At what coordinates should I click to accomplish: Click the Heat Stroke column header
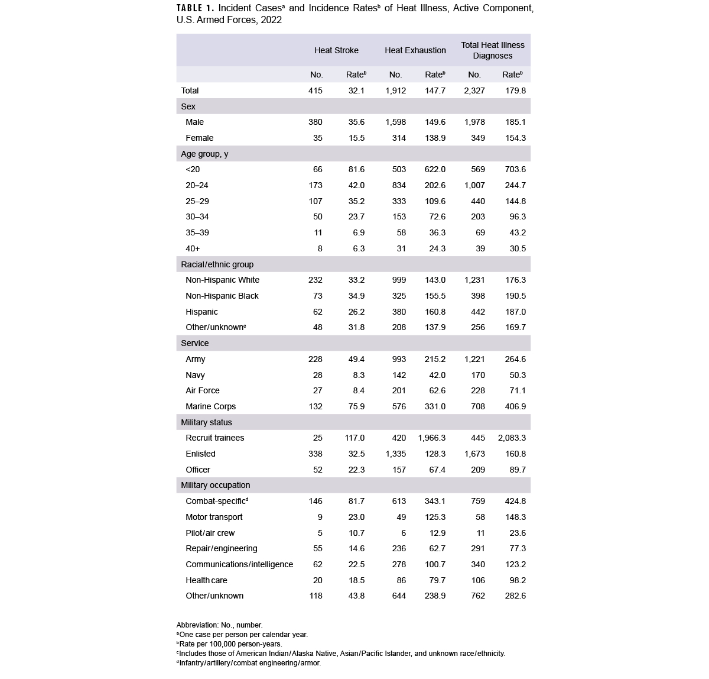(336, 50)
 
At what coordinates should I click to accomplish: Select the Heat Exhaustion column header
(415, 50)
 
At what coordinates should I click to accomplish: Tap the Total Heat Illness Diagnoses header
(492, 50)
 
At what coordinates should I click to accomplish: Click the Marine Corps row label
(210, 406)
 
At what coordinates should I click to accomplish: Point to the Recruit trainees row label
(214, 438)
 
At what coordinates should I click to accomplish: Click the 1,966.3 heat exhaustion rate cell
(431, 438)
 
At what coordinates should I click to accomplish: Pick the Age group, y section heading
(204, 154)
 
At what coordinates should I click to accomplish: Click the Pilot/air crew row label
(210, 533)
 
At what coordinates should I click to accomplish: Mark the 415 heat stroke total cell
(316, 90)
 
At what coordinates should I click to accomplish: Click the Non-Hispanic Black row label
(222, 296)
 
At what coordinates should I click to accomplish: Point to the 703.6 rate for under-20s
(514, 169)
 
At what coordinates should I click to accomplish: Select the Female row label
(199, 138)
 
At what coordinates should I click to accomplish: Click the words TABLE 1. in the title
(196, 9)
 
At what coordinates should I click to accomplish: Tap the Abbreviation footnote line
(219, 625)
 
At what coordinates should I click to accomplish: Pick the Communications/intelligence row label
(239, 564)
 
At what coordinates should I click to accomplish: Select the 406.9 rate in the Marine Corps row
(514, 406)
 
